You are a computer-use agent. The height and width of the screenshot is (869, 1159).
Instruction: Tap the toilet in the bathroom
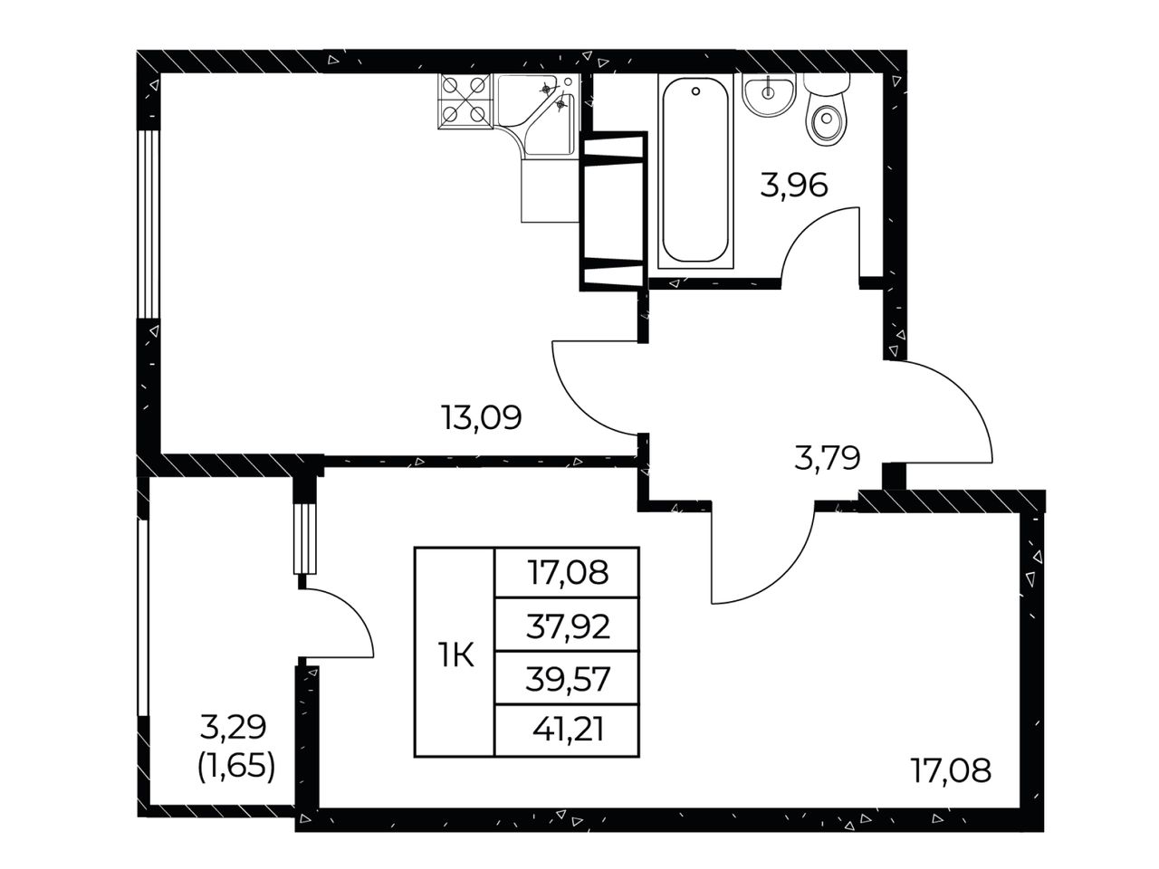click(x=826, y=110)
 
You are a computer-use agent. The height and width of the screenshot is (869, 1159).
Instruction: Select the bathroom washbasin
click(x=768, y=95)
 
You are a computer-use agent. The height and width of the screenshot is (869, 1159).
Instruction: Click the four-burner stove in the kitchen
click(x=464, y=100)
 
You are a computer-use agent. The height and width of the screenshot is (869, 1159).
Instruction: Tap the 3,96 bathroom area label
click(x=793, y=186)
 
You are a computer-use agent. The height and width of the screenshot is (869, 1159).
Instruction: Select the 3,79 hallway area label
click(x=828, y=457)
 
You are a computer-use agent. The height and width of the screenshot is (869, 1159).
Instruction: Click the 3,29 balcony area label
click(x=234, y=728)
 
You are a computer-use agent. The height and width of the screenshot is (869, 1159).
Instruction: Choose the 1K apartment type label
click(x=455, y=656)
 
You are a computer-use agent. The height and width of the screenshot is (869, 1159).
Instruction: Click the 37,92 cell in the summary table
click(x=568, y=626)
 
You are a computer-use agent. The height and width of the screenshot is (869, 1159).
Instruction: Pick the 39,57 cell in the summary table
click(x=568, y=679)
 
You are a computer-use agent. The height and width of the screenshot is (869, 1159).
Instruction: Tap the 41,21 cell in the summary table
click(x=568, y=731)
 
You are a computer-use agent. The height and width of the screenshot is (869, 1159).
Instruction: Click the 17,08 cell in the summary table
click(x=568, y=572)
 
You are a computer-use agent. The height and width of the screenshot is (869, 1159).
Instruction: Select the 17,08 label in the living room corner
click(x=951, y=770)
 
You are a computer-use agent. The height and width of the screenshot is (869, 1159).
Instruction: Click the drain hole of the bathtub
click(x=695, y=91)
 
